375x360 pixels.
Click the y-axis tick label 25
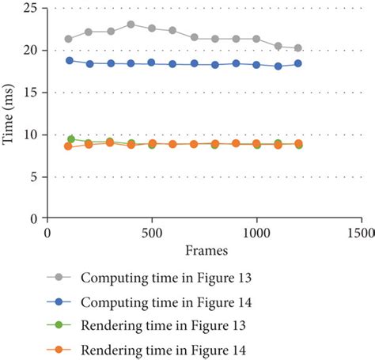tap(32, 8)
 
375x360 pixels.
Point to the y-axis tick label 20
tap(32, 50)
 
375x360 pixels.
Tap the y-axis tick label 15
tap(32, 92)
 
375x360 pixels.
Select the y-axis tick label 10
tap(32, 135)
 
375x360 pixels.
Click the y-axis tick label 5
tap(36, 176)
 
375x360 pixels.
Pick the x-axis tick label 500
tap(151, 233)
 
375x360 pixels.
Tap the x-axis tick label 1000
tap(256, 233)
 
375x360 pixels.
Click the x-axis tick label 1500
tap(360, 233)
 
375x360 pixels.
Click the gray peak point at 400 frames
tap(131, 25)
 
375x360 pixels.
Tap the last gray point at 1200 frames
tap(297, 48)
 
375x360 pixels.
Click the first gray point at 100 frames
tap(69, 39)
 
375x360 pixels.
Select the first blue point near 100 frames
tap(70, 60)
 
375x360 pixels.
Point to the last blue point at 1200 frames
tap(297, 63)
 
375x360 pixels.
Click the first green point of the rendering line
tap(71, 139)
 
